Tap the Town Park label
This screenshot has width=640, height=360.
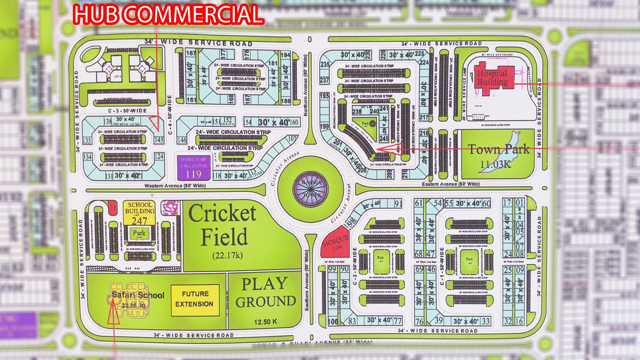coord(499,150)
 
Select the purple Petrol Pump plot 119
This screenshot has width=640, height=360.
coord(194,168)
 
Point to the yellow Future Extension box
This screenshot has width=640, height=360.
coord(195,299)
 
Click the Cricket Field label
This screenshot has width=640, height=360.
coord(223,226)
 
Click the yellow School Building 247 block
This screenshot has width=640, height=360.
coord(139,212)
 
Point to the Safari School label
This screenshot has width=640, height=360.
coord(138,295)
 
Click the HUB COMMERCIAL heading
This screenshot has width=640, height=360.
coord(168,14)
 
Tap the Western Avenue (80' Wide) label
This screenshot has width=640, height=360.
coord(175,186)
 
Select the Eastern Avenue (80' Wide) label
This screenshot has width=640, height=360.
coord(450,184)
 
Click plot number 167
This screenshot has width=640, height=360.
coord(191,53)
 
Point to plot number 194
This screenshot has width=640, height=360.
coord(285,55)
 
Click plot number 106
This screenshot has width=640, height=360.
coord(332,321)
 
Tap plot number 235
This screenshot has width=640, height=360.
coord(324,64)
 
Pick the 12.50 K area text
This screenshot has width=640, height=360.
coord(265,322)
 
